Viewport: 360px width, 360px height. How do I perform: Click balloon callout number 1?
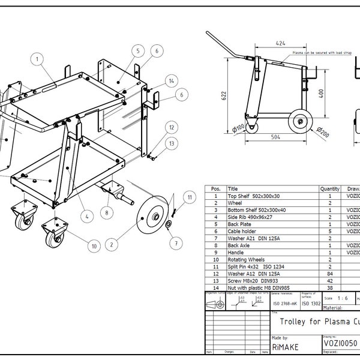(38, 59)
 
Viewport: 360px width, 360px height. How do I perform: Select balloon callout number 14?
(172, 81)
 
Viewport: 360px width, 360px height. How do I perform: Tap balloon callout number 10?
(93, 245)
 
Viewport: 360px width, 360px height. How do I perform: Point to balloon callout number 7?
(175, 242)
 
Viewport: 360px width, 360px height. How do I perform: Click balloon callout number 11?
(189, 196)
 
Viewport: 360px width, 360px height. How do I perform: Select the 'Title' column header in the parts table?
(233, 189)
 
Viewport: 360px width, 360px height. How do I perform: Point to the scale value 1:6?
(343, 298)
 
